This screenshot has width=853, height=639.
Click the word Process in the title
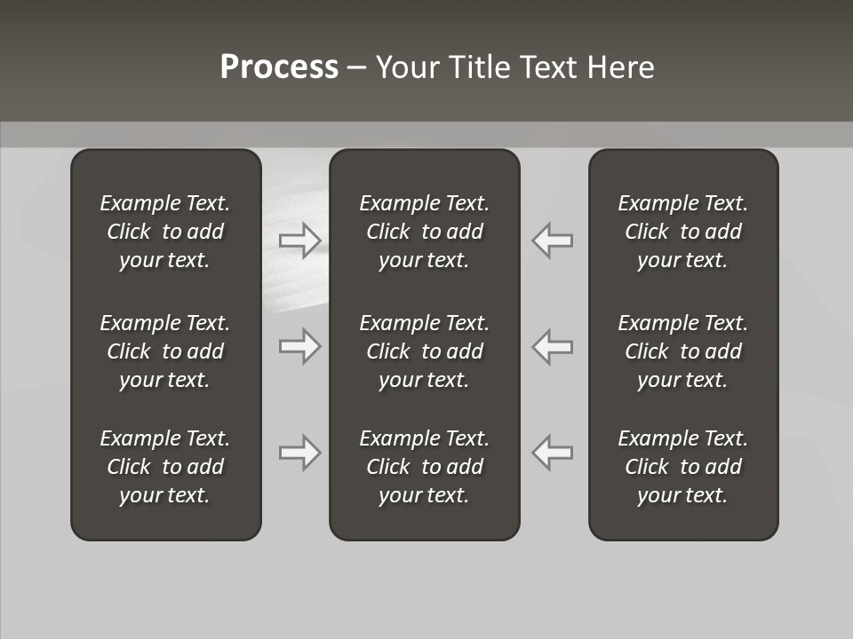tap(279, 67)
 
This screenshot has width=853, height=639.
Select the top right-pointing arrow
tap(300, 240)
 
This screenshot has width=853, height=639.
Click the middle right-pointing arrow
tap(300, 346)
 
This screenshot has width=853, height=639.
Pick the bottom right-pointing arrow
tap(300, 453)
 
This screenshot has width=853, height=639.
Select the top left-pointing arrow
tap(552, 240)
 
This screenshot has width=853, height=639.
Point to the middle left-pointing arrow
tap(552, 346)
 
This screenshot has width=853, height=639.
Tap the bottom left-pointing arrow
tap(552, 453)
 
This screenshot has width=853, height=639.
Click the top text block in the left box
tap(165, 232)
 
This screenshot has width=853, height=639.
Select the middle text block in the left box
tap(165, 351)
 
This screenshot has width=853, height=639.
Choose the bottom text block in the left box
tap(165, 467)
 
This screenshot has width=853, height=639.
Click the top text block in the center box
tap(424, 232)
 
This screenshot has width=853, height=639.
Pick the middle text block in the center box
tap(424, 351)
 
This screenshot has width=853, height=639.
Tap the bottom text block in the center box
tap(424, 467)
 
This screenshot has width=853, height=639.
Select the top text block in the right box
tap(682, 232)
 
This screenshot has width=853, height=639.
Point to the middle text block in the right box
tap(682, 351)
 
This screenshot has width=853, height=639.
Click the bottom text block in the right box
tap(682, 467)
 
